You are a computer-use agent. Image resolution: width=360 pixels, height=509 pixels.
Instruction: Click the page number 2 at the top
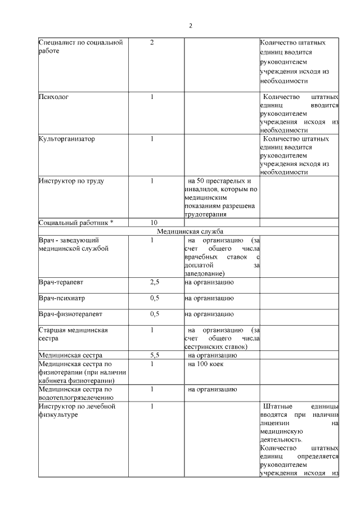point(190,26)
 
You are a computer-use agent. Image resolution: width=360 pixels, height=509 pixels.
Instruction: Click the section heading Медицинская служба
point(190,231)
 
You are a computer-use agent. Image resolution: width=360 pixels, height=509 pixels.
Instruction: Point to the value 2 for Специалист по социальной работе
point(152,43)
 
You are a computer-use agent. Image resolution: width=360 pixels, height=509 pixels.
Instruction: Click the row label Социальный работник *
point(76,222)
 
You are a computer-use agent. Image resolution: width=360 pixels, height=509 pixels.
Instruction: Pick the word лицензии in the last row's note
point(275,423)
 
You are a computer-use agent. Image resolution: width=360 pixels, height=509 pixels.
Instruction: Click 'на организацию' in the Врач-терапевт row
point(209,282)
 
